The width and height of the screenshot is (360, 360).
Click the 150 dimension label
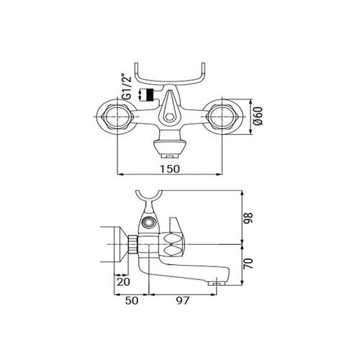coord(170,168)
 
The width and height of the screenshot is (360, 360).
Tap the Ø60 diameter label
coord(258,116)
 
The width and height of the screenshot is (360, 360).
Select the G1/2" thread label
coord(127,89)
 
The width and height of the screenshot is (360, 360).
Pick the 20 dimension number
coord(123,282)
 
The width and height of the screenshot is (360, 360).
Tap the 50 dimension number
coord(132,300)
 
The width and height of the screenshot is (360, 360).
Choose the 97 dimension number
coord(183,300)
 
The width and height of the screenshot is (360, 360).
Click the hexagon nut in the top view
coord(170,117)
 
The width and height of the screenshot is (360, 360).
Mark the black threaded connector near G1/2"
coord(150,95)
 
